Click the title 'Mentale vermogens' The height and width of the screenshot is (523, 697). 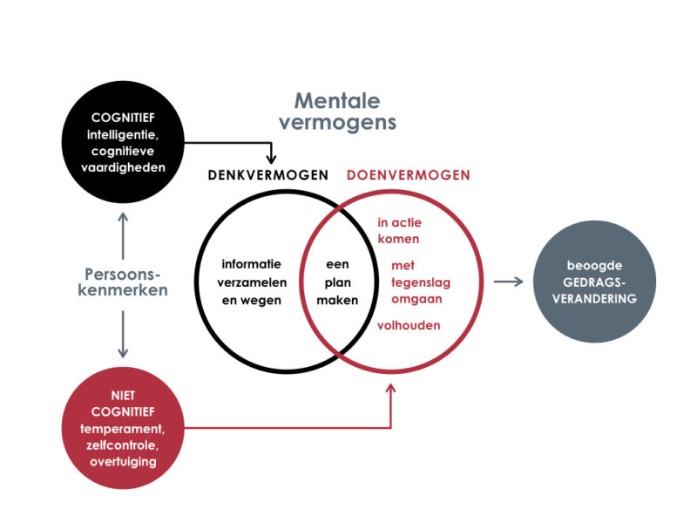coord(337,112)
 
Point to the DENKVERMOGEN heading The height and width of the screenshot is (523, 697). coord(268,175)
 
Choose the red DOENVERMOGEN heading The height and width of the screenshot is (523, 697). coord(409,175)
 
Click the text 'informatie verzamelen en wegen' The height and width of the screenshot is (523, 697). coord(252,281)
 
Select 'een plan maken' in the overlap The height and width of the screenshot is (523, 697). coord(337,281)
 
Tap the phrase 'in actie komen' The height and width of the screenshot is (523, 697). coord(399,230)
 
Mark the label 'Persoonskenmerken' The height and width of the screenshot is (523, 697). coord(122,281)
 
